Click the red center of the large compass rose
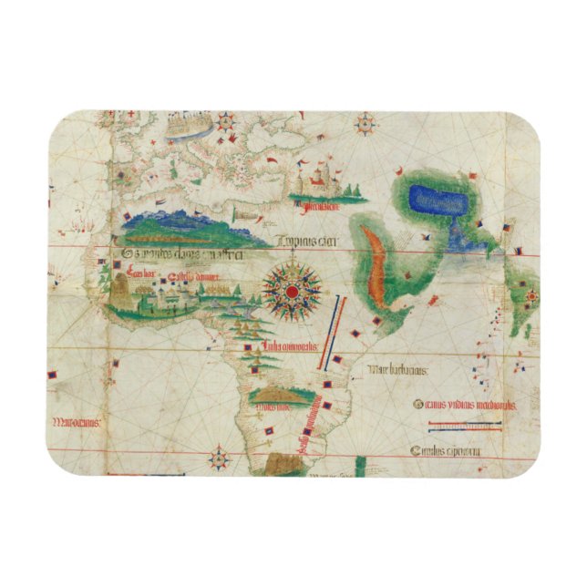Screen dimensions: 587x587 pyautogui.click(x=293, y=291)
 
